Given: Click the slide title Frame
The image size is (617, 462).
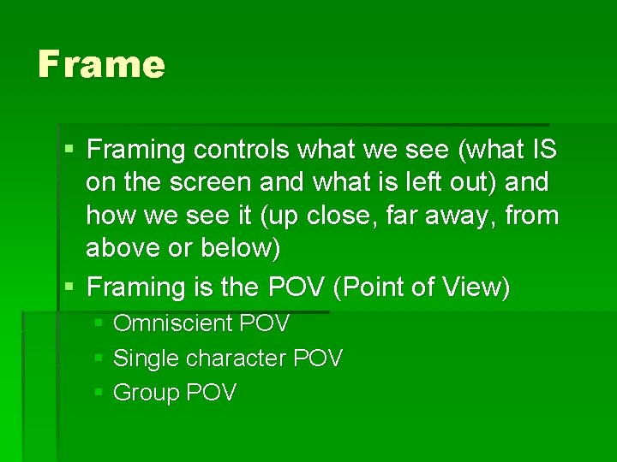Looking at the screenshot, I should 101,64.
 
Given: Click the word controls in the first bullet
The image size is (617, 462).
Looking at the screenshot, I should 242,151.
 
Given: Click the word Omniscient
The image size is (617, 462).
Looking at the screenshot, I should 173,324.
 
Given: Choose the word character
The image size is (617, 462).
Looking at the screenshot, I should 229,358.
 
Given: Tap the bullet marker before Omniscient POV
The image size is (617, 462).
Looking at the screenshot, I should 99,323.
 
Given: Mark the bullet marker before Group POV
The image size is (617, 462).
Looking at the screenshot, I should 99,392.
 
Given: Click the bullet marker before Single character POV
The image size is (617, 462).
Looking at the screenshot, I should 99,358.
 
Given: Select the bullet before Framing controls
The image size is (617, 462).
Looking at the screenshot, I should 69,150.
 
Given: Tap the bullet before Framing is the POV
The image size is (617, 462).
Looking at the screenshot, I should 69,287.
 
